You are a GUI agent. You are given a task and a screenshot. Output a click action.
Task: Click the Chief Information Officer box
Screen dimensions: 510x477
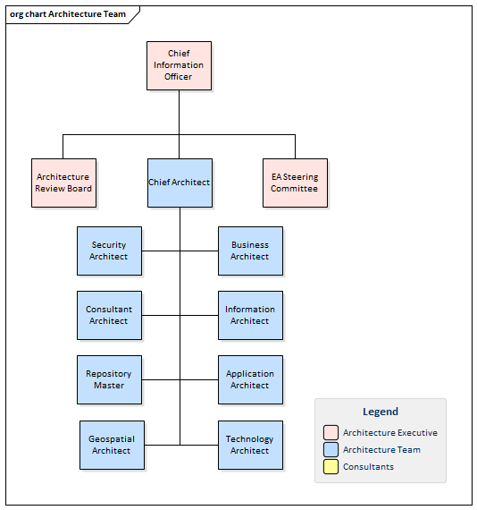pyautogui.click(x=179, y=65)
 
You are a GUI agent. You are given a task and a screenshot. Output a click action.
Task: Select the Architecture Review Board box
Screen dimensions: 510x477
pyautogui.click(x=63, y=183)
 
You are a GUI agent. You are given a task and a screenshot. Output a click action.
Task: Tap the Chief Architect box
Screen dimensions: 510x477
pyautogui.click(x=179, y=183)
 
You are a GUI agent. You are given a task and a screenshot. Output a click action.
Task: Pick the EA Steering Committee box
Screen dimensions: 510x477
pyautogui.click(x=295, y=183)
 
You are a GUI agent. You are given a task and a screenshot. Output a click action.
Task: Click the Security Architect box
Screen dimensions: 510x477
pyautogui.click(x=109, y=251)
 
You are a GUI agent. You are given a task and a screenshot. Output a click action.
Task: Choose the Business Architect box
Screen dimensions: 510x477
pyautogui.click(x=250, y=251)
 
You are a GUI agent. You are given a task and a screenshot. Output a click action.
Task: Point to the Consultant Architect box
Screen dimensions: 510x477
pyautogui.click(x=109, y=315)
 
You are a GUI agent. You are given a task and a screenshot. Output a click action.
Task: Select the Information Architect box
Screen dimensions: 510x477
pyautogui.click(x=250, y=315)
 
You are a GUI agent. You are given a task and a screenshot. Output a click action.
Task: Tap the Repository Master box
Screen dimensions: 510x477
pyautogui.click(x=109, y=379)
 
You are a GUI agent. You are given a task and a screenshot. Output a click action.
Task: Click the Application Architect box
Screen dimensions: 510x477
pyautogui.click(x=250, y=379)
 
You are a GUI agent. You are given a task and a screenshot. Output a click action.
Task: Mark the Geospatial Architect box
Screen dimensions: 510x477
pyautogui.click(x=112, y=445)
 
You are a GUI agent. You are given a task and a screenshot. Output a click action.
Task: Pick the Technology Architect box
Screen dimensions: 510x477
pyautogui.click(x=250, y=445)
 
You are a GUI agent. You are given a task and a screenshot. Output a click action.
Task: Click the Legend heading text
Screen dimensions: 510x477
pyautogui.click(x=381, y=412)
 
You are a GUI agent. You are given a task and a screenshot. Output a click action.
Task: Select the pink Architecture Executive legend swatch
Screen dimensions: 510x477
pyautogui.click(x=331, y=433)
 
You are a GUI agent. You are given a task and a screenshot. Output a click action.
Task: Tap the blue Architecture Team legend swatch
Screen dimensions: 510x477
pyautogui.click(x=331, y=450)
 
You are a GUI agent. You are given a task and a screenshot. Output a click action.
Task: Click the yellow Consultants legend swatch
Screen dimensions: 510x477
pyautogui.click(x=331, y=467)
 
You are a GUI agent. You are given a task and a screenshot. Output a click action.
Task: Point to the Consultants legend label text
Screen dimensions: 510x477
pyautogui.click(x=368, y=467)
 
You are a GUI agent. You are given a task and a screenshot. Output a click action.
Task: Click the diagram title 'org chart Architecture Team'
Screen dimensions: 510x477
pyautogui.click(x=67, y=14)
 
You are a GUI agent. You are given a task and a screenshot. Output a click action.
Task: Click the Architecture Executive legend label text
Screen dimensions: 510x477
pyautogui.click(x=389, y=433)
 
